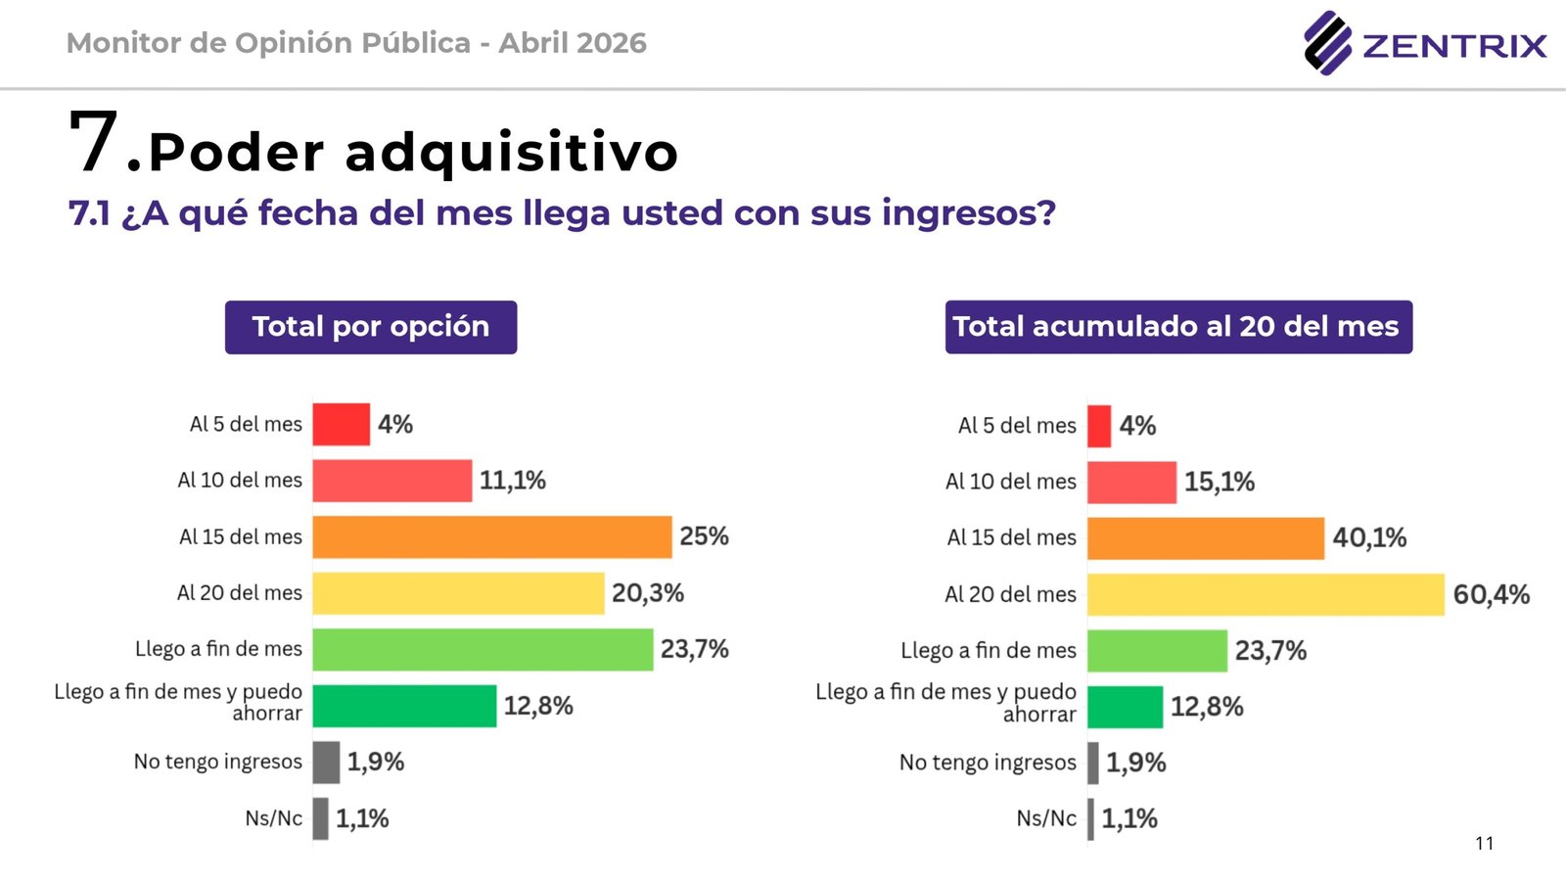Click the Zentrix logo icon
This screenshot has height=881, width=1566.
click(x=1327, y=43)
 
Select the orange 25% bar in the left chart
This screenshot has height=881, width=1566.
click(x=492, y=537)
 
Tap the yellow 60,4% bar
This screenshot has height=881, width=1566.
click(x=1266, y=594)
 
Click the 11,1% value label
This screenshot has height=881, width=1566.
click(x=513, y=481)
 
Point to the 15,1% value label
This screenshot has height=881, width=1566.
click(x=1220, y=482)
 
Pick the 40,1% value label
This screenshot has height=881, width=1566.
click(x=1369, y=537)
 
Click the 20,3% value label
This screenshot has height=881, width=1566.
click(x=648, y=593)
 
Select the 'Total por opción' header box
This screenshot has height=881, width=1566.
click(x=371, y=327)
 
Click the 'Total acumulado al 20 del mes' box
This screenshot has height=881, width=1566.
click(x=1178, y=327)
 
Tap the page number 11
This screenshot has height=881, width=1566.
click(x=1485, y=844)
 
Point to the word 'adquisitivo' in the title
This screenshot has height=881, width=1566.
click(x=512, y=153)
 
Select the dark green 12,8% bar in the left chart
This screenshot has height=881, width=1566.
click(x=404, y=706)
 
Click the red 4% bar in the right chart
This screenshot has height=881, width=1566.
click(x=1099, y=426)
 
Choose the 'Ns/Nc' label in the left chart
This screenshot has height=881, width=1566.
click(x=274, y=818)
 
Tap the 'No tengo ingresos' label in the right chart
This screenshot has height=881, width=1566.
click(x=988, y=763)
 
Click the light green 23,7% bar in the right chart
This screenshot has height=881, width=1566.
click(x=1157, y=651)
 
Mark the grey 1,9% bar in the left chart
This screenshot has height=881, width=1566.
click(x=326, y=763)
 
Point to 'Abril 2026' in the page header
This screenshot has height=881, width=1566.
click(x=573, y=43)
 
